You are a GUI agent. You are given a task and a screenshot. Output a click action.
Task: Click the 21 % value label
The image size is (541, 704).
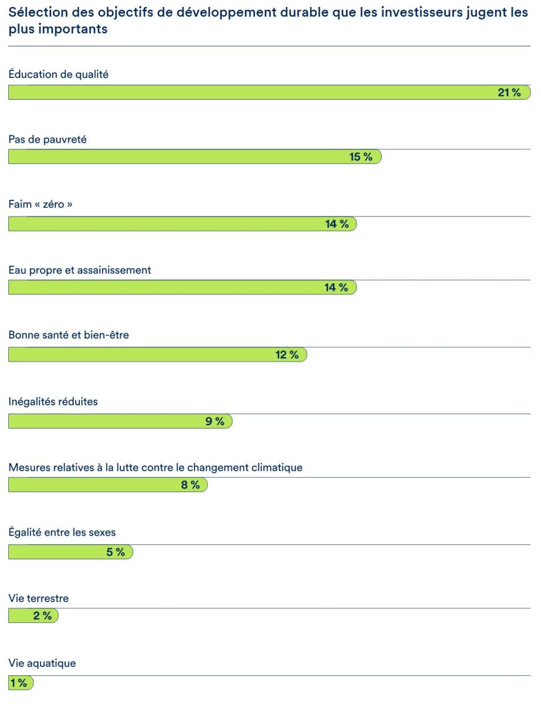click(x=509, y=93)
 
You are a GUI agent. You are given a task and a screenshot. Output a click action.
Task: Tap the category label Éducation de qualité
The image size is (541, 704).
click(x=58, y=75)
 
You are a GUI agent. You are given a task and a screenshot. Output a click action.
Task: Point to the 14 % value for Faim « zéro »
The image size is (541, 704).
click(x=337, y=224)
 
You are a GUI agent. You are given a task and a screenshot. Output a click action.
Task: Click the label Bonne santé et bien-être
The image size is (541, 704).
click(x=68, y=336)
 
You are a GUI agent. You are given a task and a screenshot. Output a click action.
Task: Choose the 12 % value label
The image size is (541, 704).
click(x=287, y=354)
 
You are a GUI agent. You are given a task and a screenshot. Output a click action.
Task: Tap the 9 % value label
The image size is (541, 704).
click(x=215, y=421)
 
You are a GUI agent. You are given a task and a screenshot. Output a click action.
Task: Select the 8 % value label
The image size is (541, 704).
click(x=190, y=485)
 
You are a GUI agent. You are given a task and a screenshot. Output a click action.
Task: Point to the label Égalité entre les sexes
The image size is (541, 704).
click(x=62, y=533)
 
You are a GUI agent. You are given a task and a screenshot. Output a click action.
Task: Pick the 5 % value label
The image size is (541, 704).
click(x=116, y=552)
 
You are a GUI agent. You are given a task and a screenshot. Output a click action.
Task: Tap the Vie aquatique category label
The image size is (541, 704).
click(x=42, y=664)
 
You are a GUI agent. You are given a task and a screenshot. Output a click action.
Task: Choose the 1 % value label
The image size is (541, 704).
click(x=18, y=683)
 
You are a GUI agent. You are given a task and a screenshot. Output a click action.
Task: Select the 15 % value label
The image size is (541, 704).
click(x=361, y=157)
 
